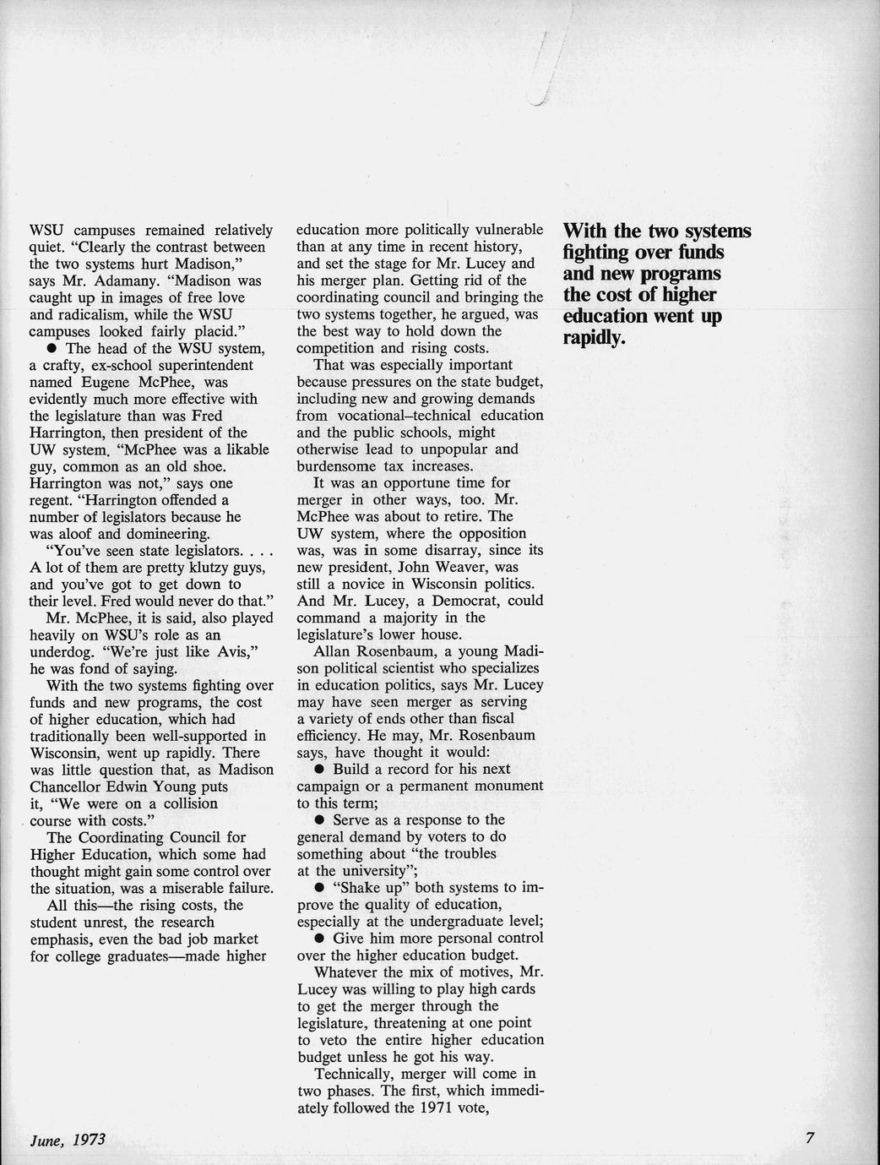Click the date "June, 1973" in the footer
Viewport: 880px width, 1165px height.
point(67,1139)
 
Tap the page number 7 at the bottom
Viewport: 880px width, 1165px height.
point(809,1138)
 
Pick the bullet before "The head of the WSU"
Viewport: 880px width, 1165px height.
point(52,349)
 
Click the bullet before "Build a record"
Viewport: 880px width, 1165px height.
point(320,770)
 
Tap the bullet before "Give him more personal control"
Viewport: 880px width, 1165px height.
point(320,939)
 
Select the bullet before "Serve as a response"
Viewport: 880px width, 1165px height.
point(320,820)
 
